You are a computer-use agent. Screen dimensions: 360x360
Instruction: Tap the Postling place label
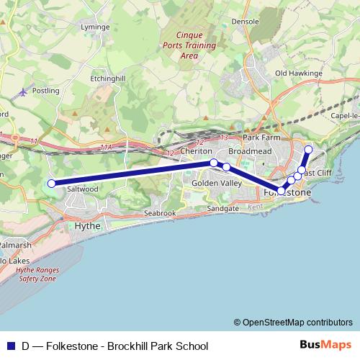(x=45, y=91)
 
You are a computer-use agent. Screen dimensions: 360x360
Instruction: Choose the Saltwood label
(x=81, y=189)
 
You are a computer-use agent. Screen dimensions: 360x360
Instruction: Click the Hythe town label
(x=88, y=225)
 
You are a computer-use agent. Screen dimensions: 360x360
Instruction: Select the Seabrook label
(x=160, y=213)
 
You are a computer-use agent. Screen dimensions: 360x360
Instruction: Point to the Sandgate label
(x=222, y=208)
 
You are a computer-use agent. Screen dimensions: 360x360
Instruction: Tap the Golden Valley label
(x=217, y=184)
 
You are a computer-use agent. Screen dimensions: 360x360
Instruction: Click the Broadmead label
(x=249, y=152)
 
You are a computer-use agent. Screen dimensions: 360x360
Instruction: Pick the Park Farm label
(x=260, y=137)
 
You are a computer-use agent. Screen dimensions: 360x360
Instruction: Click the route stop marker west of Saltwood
(x=51, y=184)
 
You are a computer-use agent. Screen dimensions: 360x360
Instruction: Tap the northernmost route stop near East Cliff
(x=308, y=150)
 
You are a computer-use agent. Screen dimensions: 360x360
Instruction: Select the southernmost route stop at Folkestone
(x=282, y=190)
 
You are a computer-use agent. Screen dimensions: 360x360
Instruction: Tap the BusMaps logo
(x=326, y=345)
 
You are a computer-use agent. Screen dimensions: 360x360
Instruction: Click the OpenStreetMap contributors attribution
(x=293, y=323)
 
